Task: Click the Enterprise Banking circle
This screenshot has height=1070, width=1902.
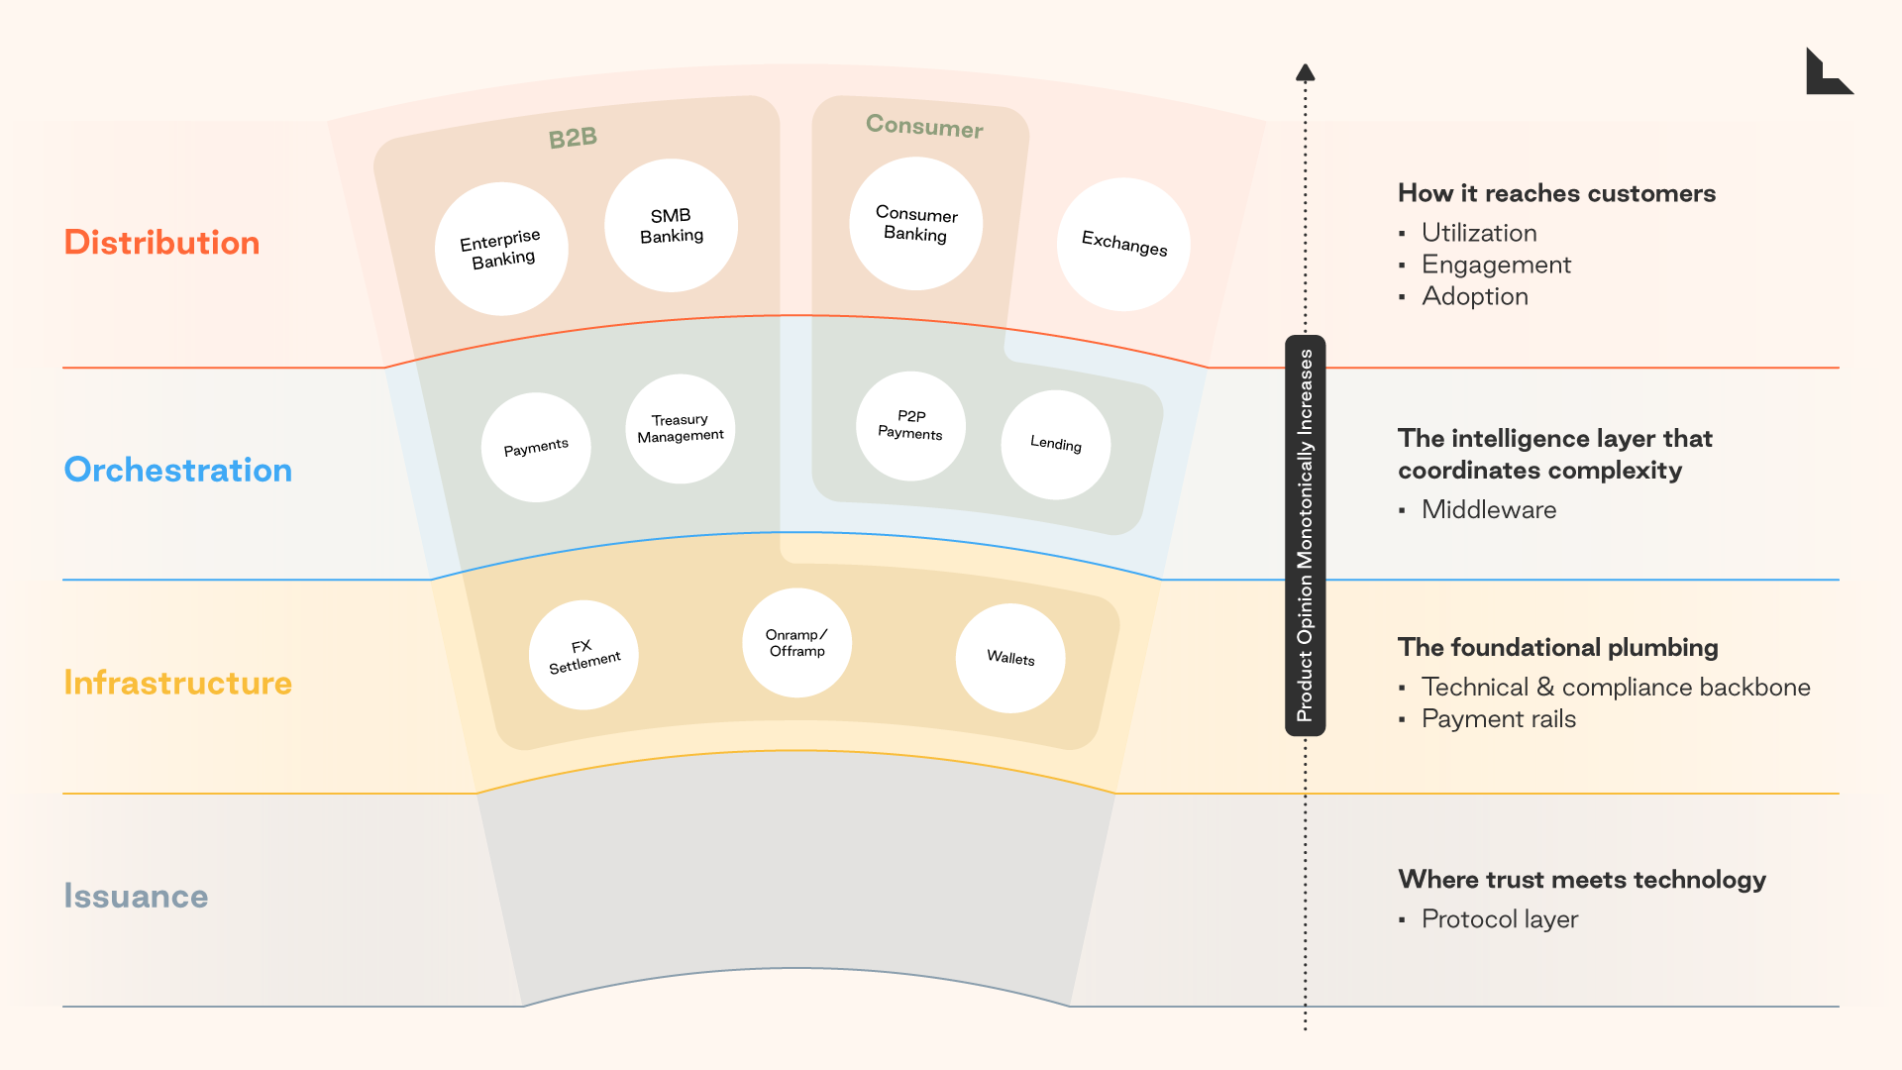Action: coord(501,249)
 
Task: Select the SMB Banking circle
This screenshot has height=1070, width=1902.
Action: coord(671,226)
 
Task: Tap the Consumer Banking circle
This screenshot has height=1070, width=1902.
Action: coord(915,224)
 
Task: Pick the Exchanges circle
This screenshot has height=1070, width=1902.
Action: coord(1123,245)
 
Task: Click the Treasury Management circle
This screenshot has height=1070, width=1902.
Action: coord(680,428)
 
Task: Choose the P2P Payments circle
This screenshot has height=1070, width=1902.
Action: coord(910,426)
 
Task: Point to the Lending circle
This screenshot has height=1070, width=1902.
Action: coord(1055,444)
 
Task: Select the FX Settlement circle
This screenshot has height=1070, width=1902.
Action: coord(583,655)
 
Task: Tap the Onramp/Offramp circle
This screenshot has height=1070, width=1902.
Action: coord(796,643)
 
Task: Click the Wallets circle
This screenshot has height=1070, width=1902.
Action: coord(1009,658)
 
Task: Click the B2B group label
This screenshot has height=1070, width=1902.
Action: coord(573,138)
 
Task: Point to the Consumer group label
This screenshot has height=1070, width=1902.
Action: coord(924,126)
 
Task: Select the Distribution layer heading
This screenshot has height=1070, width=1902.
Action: coord(161,243)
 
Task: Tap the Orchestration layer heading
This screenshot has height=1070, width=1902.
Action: coord(178,470)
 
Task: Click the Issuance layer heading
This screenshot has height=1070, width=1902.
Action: coord(136,896)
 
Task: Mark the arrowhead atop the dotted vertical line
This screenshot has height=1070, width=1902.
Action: coord(1305,72)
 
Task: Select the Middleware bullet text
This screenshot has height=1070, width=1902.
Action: coord(1488,509)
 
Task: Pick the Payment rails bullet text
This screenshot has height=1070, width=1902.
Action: coord(1498,719)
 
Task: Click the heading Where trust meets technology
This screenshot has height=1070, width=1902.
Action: coord(1581,880)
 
